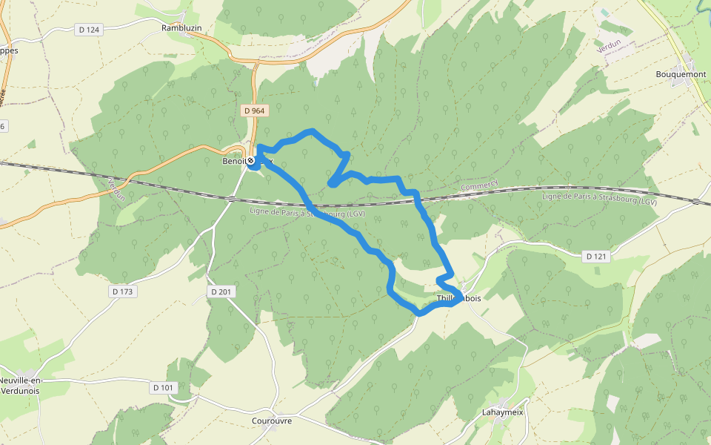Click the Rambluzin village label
point(181,28)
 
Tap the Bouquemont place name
point(681,74)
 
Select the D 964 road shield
point(253,111)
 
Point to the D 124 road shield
point(87,30)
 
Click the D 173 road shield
point(123,291)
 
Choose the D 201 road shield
point(221,291)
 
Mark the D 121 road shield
point(596,257)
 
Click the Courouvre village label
point(272,421)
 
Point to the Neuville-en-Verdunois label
point(21,385)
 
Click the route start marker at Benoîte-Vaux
point(251,160)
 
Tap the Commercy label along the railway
point(479,185)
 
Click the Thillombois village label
point(459,298)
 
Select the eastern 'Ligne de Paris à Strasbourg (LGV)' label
point(599,197)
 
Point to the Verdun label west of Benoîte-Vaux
point(116,188)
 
